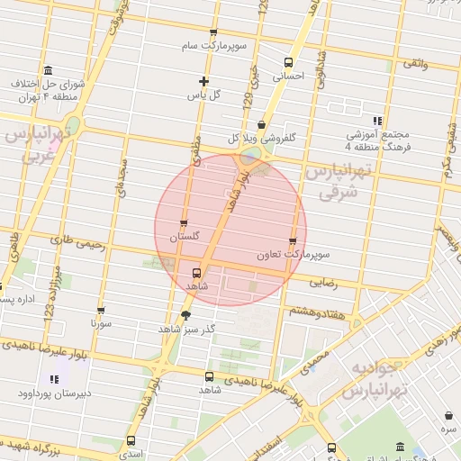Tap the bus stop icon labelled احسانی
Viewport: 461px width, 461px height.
click(x=288, y=62)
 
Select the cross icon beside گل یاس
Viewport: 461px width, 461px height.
click(x=204, y=81)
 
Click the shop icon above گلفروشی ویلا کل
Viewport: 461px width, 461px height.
click(x=261, y=125)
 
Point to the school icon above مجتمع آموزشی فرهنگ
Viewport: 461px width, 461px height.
click(x=377, y=120)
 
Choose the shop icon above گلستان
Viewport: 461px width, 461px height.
click(x=185, y=224)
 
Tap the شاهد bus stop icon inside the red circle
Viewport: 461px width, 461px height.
click(x=196, y=272)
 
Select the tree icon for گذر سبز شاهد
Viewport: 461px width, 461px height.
click(x=185, y=315)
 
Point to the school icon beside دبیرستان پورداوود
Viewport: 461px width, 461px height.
click(x=53, y=379)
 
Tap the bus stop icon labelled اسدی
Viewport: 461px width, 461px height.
click(x=131, y=441)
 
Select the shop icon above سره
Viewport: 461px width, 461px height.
click(x=449, y=415)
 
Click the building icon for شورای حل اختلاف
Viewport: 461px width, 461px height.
click(x=48, y=71)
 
